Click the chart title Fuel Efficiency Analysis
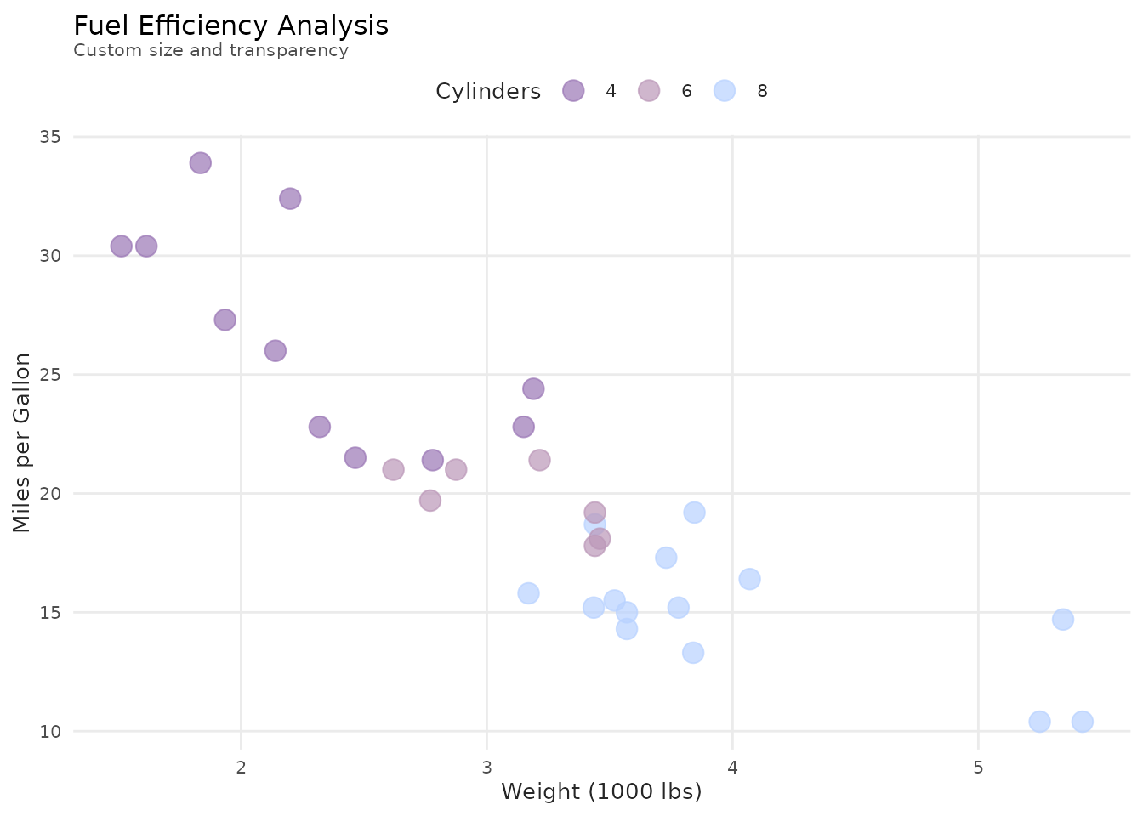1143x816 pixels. tap(231, 25)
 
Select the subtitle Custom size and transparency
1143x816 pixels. tap(211, 50)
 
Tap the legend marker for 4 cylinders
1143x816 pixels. tap(574, 91)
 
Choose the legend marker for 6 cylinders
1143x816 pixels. tap(649, 91)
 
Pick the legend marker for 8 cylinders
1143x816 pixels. tap(725, 91)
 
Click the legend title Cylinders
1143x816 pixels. tap(488, 91)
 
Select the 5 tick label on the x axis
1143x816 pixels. tap(978, 767)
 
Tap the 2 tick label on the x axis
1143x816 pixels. tap(242, 767)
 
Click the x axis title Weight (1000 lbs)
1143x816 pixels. tap(601, 792)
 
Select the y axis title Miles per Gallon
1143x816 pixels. tap(22, 443)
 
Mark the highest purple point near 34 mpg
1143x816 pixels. tap(201, 163)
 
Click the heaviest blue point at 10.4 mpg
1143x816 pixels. tap(1083, 722)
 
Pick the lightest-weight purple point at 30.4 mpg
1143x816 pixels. tap(122, 246)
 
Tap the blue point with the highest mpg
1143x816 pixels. tap(695, 513)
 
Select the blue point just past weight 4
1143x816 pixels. tap(749, 579)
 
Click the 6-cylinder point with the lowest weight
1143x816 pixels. tap(393, 469)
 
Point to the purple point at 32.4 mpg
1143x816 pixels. tap(290, 199)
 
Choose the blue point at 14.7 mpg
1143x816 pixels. tap(1063, 619)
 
